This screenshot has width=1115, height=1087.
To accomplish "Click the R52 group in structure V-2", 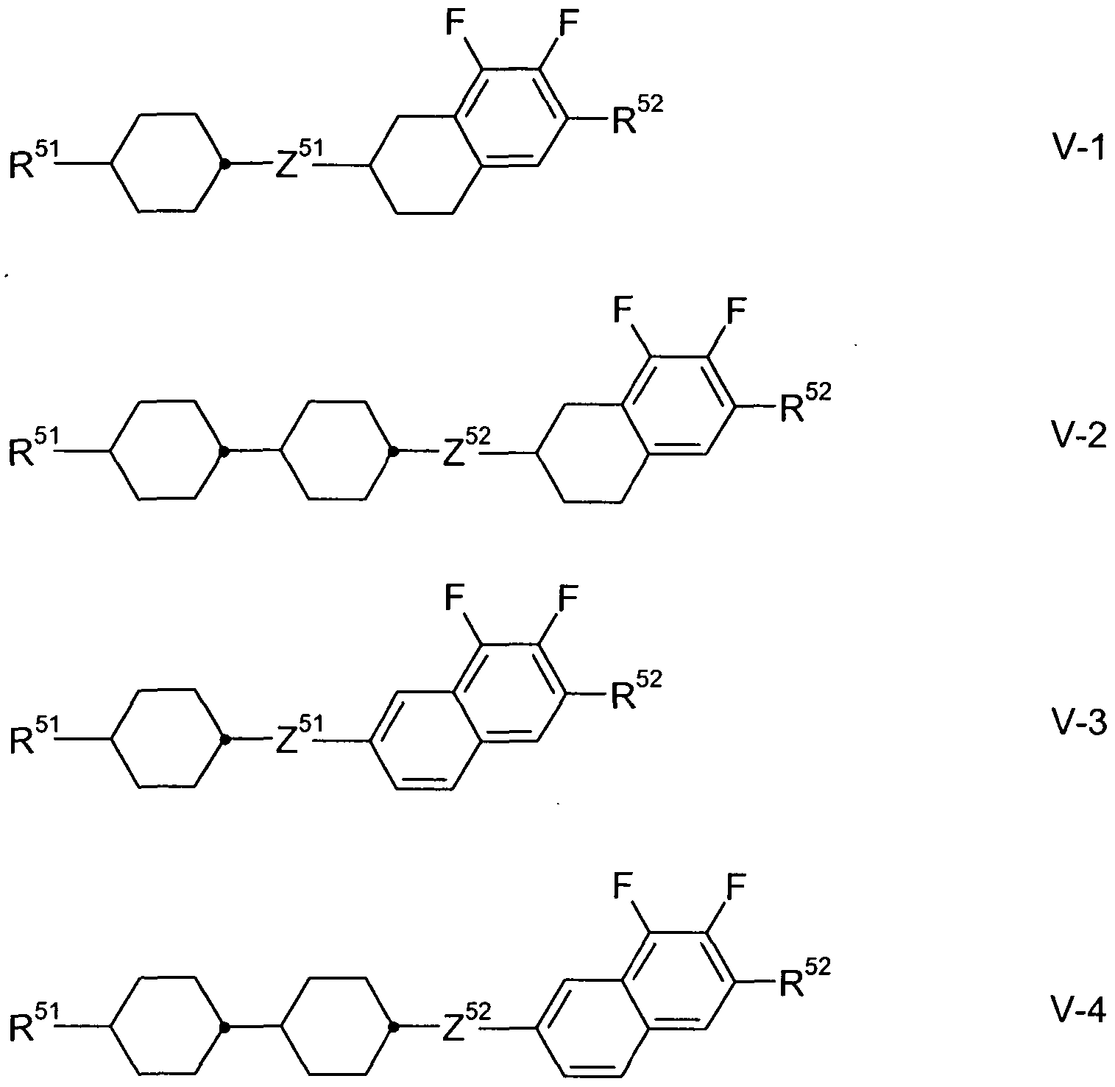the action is click(x=805, y=402).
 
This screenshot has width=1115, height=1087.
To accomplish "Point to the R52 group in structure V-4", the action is click(x=805, y=977).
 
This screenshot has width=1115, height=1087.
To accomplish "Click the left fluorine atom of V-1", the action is click(x=455, y=25).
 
